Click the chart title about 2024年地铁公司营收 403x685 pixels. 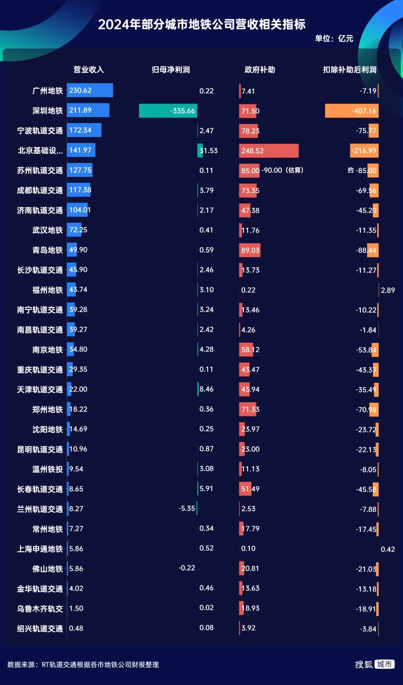201,25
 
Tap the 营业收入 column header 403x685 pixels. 88,70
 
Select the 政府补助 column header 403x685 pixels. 260,70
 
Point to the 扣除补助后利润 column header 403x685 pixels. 349,70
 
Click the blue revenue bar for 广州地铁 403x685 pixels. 90,91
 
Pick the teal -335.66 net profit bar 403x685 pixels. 168,111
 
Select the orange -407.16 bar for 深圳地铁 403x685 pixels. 352,111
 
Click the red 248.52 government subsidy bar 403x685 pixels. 269,151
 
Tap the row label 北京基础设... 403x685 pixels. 40,151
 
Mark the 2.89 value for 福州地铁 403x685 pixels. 388,290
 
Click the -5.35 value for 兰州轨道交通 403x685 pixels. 187,509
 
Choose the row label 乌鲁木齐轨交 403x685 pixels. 40,609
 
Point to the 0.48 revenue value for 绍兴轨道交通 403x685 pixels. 76,628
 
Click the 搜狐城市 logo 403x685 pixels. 374,664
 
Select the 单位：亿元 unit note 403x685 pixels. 334,38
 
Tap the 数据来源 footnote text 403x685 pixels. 83,664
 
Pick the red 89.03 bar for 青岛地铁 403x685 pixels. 250,250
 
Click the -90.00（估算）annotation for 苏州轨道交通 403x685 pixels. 282,170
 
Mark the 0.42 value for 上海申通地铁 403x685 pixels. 388,549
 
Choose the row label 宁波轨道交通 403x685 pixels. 40,131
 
